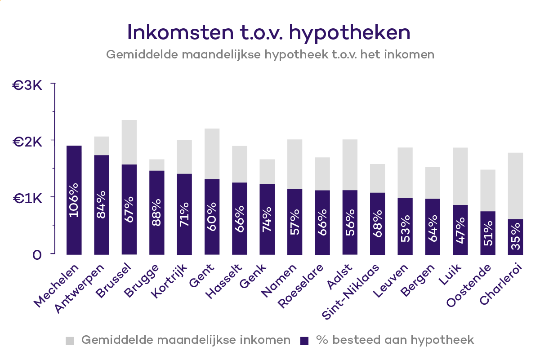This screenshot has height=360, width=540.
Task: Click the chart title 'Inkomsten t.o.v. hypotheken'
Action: [269, 32]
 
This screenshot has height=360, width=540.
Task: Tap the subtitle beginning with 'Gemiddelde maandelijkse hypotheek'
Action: [270, 54]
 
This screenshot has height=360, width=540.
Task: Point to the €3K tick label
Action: [27, 85]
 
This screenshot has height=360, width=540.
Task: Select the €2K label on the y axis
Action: [27, 142]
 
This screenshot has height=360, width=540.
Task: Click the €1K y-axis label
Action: [27, 198]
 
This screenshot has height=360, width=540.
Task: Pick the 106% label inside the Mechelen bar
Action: [74, 200]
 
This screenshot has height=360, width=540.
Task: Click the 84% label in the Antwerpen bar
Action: [101, 204]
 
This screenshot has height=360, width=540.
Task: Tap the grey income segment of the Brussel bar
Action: [129, 142]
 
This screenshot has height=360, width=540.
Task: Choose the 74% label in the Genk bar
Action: [267, 218]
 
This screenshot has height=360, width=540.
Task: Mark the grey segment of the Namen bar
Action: [295, 164]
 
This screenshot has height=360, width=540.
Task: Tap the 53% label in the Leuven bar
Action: [405, 228]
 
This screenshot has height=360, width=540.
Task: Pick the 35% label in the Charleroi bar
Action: [515, 243]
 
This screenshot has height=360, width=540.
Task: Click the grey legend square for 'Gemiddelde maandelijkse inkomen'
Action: [70, 340]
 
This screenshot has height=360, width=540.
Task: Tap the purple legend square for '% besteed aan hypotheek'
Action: [304, 340]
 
